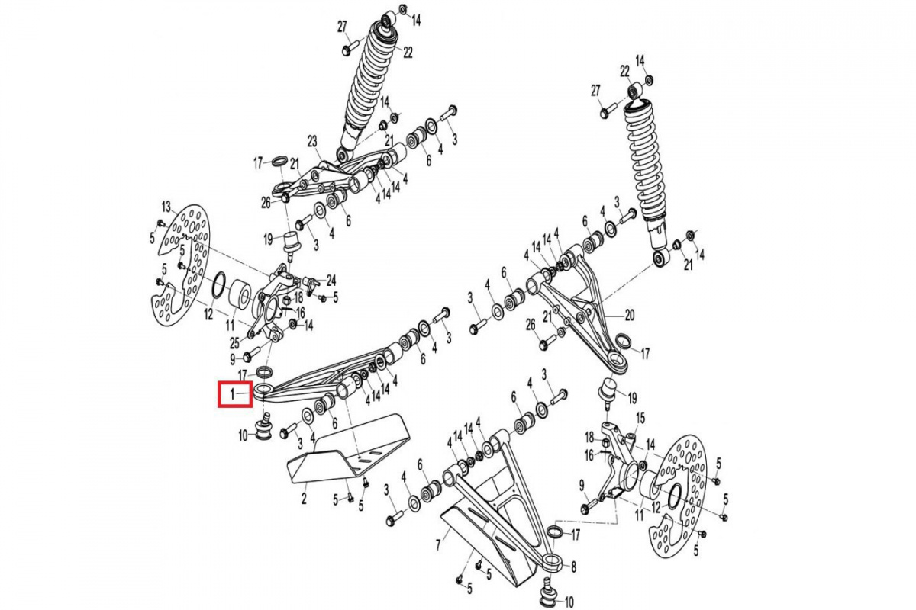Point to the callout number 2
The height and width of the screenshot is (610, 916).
pyautogui.click(x=304, y=499)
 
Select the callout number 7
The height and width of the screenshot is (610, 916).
pyautogui.click(x=438, y=545)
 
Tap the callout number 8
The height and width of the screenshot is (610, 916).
pyautogui.click(x=573, y=567)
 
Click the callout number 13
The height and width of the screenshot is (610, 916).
pyautogui.click(x=166, y=207)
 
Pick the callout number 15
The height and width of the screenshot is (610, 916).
pyautogui.click(x=640, y=418)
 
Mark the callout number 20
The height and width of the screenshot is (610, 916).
pyautogui.click(x=630, y=314)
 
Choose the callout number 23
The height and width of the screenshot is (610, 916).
pyautogui.click(x=312, y=141)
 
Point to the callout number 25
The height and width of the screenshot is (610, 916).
pyautogui.click(x=234, y=342)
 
